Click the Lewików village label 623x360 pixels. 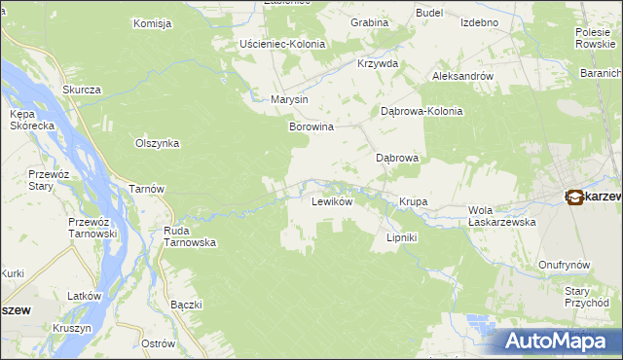coord(330,202)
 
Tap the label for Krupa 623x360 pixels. coord(413,202)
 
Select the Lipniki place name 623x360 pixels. coord(402,237)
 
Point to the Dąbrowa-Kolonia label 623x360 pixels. coord(421,111)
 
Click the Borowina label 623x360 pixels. coord(311,126)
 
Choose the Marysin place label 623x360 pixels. coord(289,99)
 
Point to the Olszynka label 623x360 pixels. coord(157,143)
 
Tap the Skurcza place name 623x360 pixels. coord(82,90)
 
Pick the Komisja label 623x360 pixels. coord(152,22)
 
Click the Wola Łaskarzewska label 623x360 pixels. coord(503,215)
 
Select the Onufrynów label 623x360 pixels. coord(567,265)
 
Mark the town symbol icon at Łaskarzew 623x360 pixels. coord(574,197)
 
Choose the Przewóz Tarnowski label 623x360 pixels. coord(92,228)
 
